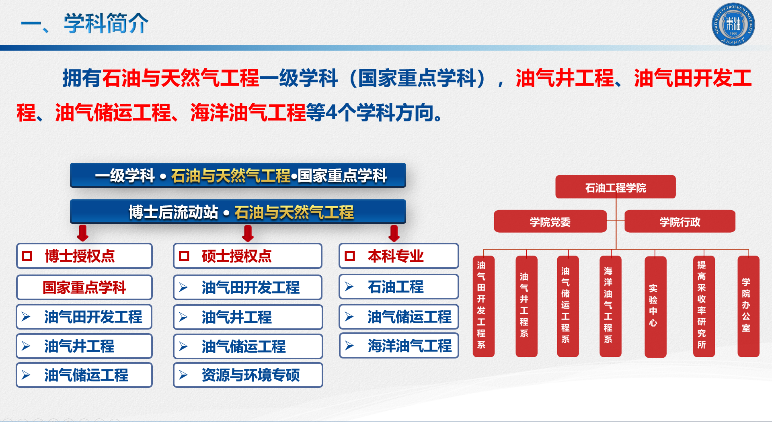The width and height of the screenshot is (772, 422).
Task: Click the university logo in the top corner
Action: pyautogui.click(x=733, y=25)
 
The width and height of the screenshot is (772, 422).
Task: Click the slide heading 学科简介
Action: pyautogui.click(x=106, y=23)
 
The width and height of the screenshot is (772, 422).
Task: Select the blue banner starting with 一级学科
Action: pyautogui.click(x=238, y=175)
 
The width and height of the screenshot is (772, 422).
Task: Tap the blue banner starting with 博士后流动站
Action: pyautogui.click(x=238, y=212)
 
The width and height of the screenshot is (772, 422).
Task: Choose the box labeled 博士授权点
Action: pyautogui.click(x=84, y=256)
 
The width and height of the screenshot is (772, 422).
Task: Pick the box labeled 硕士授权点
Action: pyautogui.click(x=248, y=256)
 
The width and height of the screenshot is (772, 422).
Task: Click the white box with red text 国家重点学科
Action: pyautogui.click(x=84, y=287)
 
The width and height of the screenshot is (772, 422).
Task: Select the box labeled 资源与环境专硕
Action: pyautogui.click(x=248, y=375)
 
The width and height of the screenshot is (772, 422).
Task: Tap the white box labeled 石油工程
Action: pyautogui.click(x=399, y=287)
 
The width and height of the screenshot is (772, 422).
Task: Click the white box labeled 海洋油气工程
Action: pyautogui.click(x=399, y=346)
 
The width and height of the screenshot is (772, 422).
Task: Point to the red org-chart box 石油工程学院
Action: pyautogui.click(x=616, y=187)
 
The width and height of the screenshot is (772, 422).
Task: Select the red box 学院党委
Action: pyautogui.click(x=550, y=221)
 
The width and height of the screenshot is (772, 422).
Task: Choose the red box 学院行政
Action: pyautogui.click(x=680, y=221)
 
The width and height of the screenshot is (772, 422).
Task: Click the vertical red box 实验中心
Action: pyautogui.click(x=655, y=307)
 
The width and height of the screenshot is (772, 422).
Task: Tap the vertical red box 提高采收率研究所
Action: pyautogui.click(x=704, y=306)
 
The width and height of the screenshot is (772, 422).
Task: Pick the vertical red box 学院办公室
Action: pyautogui.click(x=748, y=306)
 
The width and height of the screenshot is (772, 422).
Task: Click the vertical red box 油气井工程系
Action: pyautogui.click(x=526, y=306)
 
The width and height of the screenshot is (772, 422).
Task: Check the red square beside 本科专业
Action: pyautogui.click(x=350, y=256)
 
